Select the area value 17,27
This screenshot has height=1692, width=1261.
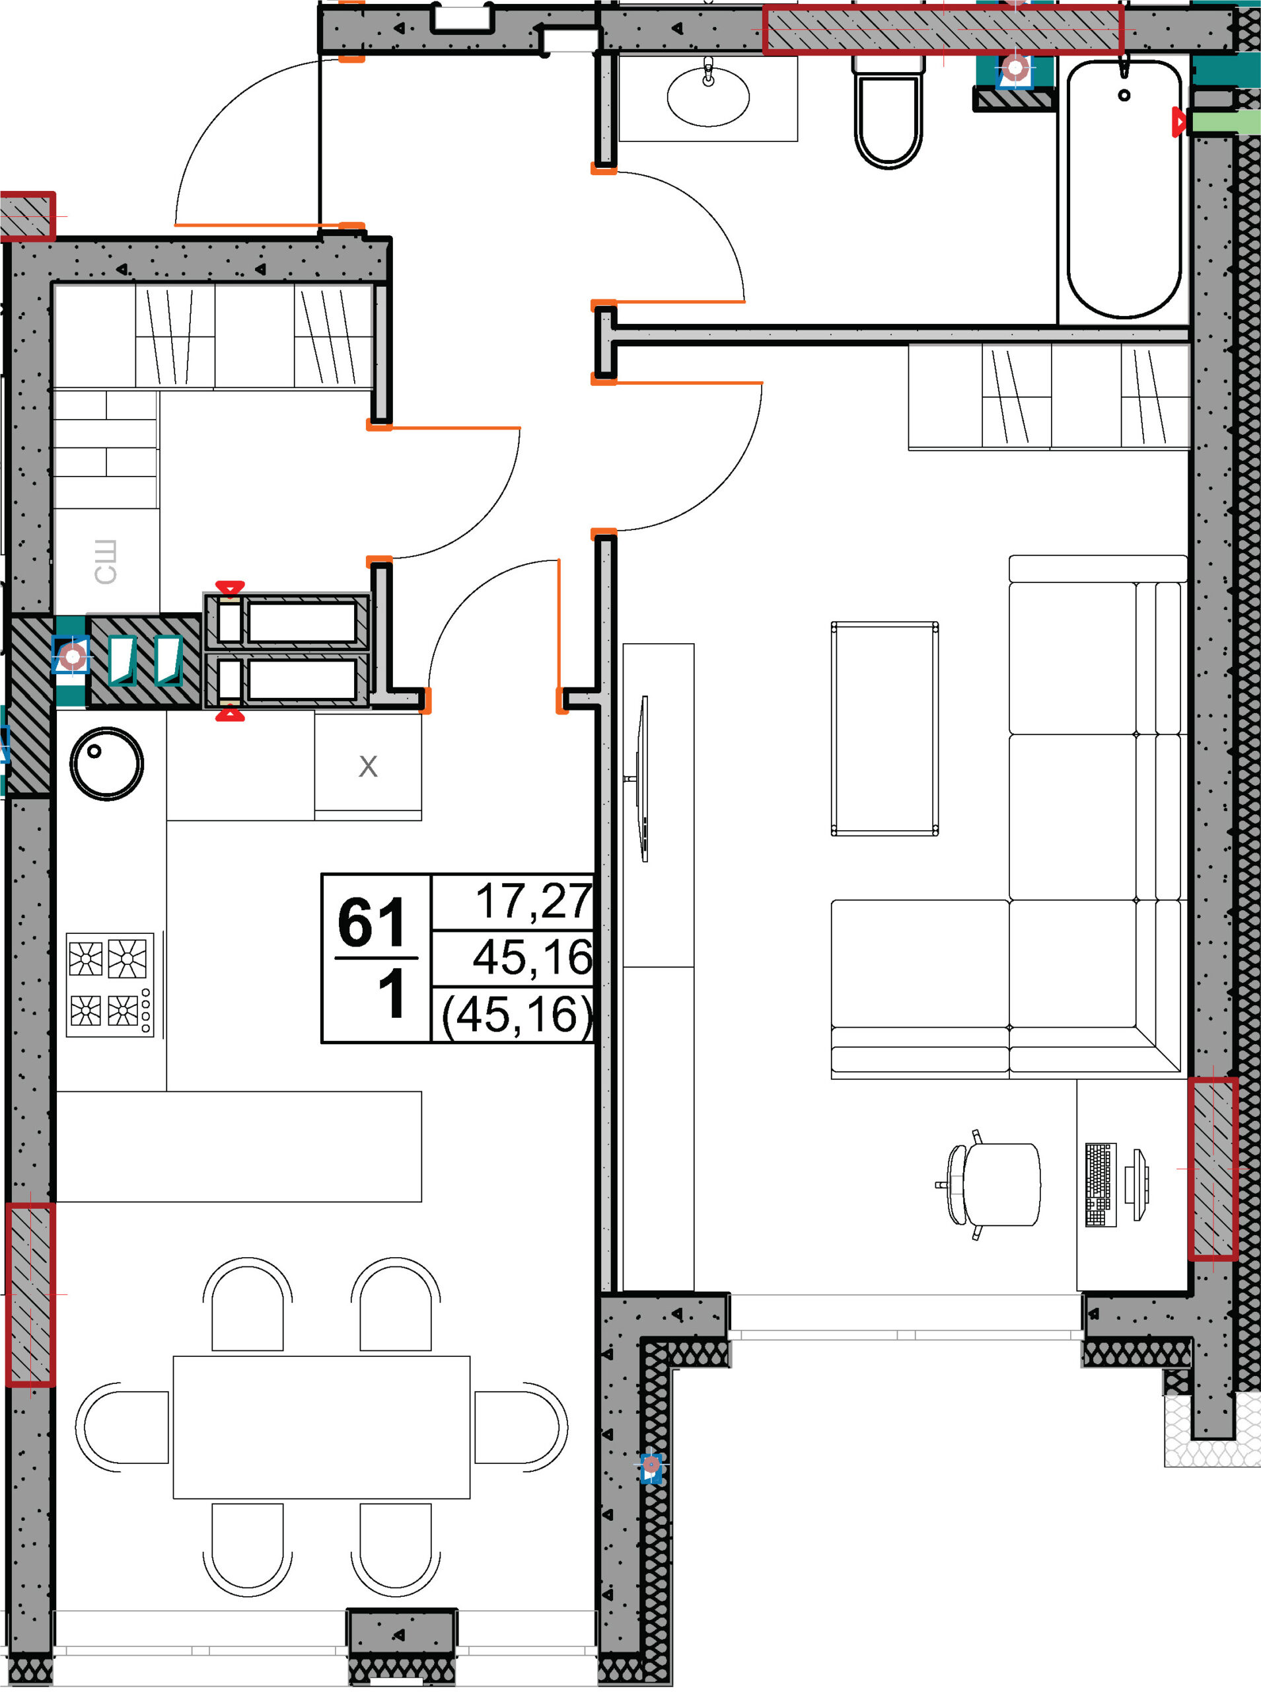[x=534, y=901]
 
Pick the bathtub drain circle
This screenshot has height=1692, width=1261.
[x=1124, y=95]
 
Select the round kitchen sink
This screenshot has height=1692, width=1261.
[x=107, y=763]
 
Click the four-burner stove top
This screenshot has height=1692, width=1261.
[x=110, y=984]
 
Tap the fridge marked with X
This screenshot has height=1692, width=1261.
[x=368, y=766]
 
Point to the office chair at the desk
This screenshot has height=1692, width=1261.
[x=991, y=1184]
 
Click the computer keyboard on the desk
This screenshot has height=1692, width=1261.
[x=1100, y=1184]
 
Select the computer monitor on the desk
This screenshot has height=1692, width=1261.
[x=1137, y=1184]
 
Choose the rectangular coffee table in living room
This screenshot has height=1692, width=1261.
[x=884, y=729]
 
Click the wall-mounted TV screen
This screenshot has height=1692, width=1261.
[x=643, y=779]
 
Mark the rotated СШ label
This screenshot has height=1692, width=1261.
[x=105, y=562]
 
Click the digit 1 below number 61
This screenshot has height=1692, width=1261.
[x=392, y=993]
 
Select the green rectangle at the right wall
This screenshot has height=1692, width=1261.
[x=1226, y=122]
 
